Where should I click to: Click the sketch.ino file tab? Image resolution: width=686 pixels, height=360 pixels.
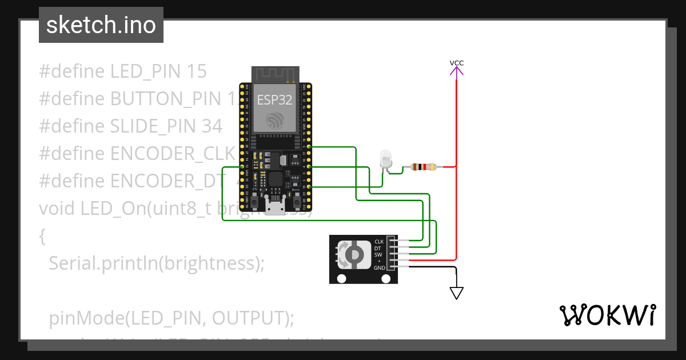[101, 25]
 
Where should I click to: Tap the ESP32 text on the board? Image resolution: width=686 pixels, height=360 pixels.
[274, 100]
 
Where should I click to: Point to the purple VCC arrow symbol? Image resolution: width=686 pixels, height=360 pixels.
[456, 71]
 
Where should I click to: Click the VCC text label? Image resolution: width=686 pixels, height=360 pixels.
[456, 62]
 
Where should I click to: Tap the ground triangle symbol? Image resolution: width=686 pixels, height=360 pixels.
[456, 293]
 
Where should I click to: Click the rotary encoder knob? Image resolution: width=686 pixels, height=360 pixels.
[353, 254]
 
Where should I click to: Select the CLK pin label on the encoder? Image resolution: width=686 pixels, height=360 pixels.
[379, 241]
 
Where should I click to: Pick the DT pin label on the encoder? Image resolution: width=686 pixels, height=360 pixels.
[378, 248]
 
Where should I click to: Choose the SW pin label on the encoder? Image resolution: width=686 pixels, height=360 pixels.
[378, 255]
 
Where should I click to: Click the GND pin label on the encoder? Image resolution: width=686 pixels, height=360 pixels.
[379, 267]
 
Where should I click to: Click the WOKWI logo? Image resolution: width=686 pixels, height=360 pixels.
[607, 315]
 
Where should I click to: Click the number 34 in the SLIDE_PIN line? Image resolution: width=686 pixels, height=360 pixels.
[212, 126]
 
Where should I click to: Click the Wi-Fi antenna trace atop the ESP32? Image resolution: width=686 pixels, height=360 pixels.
[275, 74]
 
